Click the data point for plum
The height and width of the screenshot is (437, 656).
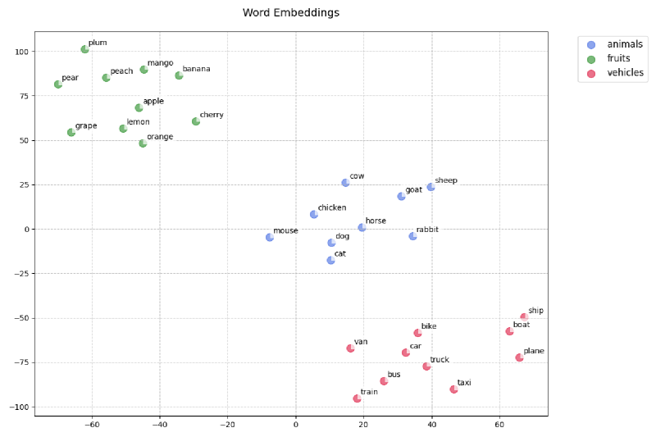(84, 49)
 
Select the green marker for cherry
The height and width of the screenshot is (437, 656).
(196, 121)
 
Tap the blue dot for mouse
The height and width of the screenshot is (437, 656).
(269, 237)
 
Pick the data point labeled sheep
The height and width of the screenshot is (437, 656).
(430, 187)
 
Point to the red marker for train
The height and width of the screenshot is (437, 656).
(357, 398)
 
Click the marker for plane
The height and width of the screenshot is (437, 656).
(519, 357)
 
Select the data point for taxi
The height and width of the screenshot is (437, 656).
(453, 389)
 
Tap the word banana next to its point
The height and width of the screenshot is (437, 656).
(196, 69)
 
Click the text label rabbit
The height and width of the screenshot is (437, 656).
(427, 230)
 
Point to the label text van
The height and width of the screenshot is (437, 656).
(361, 342)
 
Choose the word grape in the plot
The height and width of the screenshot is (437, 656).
(86, 125)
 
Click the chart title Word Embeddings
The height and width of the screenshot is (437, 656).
(291, 13)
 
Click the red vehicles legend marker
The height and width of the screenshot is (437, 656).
(591, 73)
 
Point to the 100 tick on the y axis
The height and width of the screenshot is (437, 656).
(20, 52)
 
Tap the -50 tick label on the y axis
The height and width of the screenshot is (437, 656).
(20, 318)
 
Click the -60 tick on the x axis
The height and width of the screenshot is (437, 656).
(92, 425)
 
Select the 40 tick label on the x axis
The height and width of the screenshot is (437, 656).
(431, 425)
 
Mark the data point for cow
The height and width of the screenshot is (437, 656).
(345, 183)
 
